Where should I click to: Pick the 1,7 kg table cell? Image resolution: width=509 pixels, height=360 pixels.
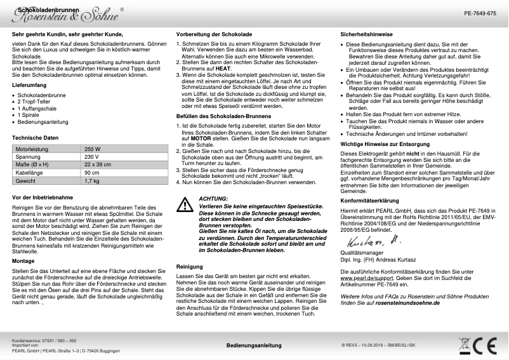pos(92,181)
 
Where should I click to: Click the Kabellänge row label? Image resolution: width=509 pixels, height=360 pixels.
pos(29,173)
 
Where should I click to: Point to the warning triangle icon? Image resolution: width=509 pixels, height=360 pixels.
pos(185,204)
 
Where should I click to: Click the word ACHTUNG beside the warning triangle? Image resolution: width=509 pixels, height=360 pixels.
pos(213,199)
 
